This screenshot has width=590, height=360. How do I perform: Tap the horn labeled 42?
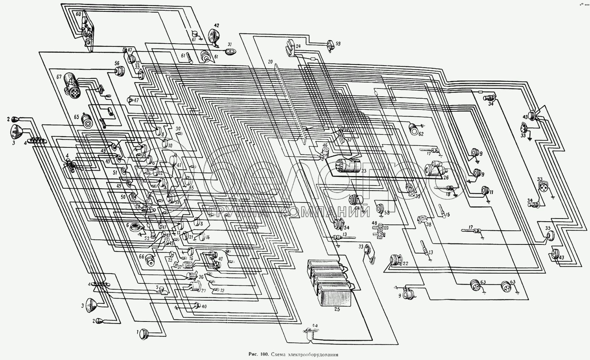point(213,36)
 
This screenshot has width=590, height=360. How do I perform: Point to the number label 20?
point(271,62)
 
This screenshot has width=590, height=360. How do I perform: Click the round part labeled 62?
point(414,128)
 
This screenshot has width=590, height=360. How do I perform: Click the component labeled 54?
point(337,225)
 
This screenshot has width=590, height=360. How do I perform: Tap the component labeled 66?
point(150,259)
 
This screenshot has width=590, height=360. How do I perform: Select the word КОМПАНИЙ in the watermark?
point(325,212)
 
